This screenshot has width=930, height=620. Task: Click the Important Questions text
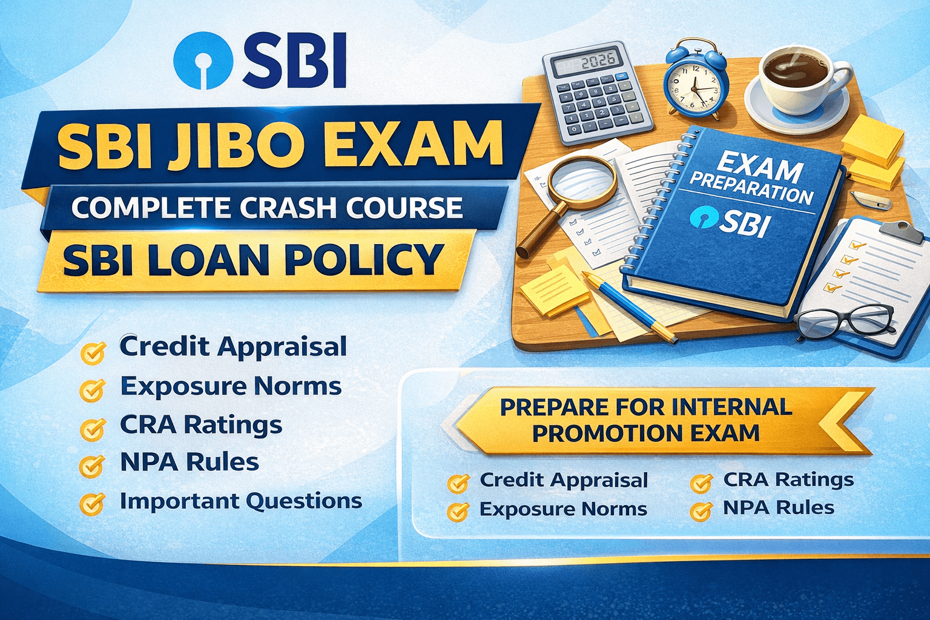point(240,501)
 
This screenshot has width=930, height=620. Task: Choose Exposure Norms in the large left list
point(231,386)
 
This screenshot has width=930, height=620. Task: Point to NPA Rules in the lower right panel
point(778,507)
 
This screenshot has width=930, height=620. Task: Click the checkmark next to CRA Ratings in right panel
point(701,483)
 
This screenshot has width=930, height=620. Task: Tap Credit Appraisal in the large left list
point(233,347)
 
